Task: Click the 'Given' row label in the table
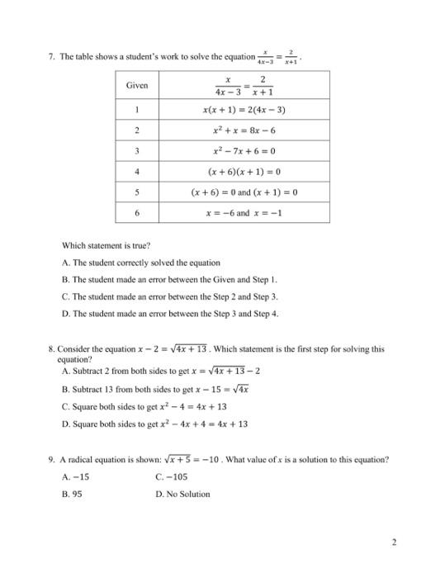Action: click(x=136, y=86)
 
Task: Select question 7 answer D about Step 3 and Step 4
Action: click(x=171, y=314)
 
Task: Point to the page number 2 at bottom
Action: click(x=395, y=542)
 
